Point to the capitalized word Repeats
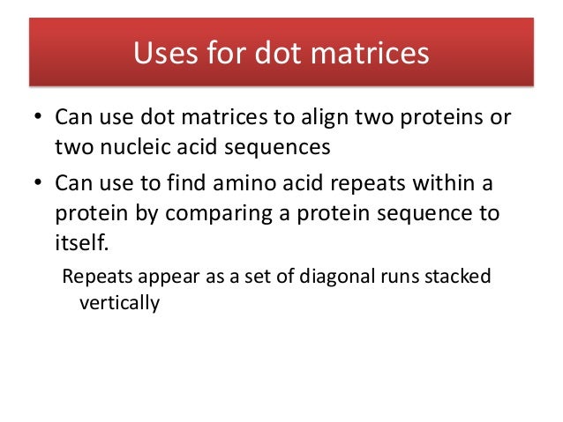click(x=94, y=277)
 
